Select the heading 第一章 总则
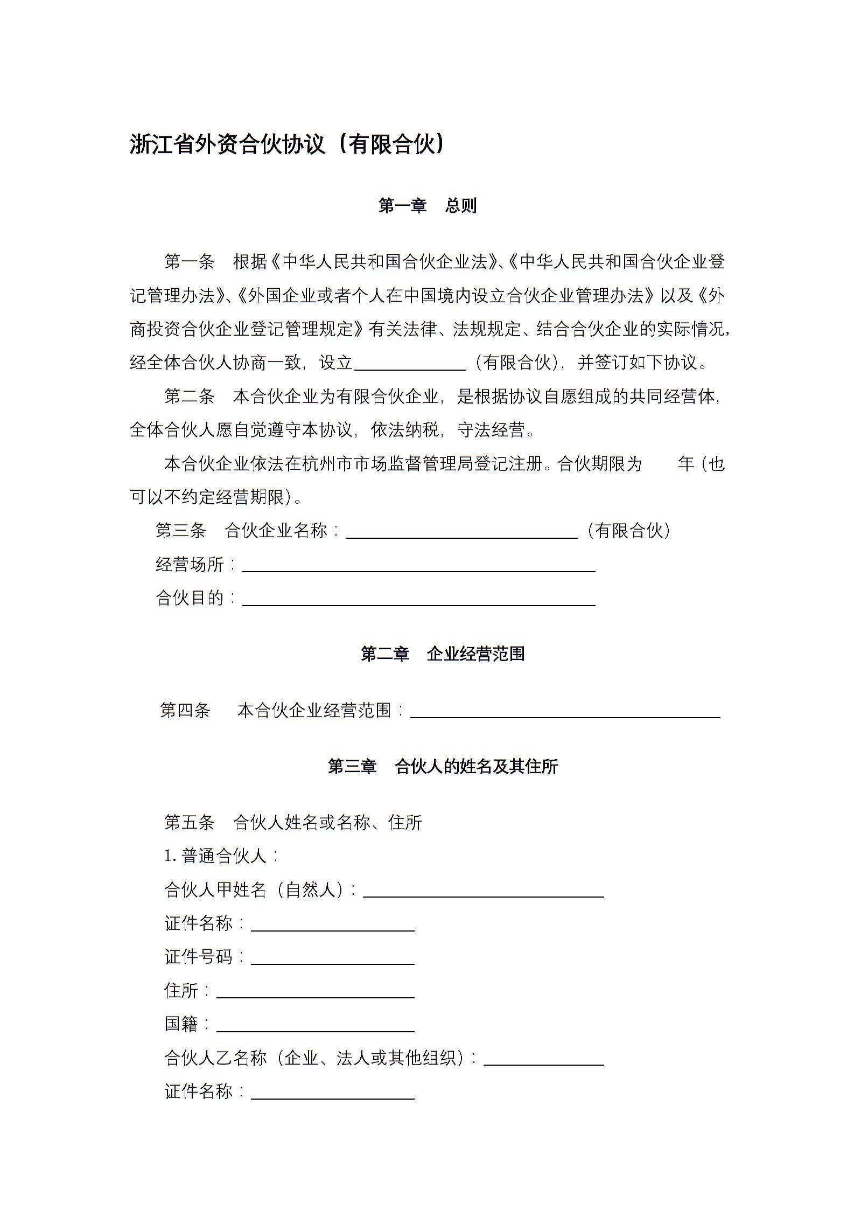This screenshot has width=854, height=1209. (427, 206)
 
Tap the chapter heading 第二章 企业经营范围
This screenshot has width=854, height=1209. (442, 654)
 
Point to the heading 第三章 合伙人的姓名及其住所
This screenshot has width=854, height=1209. (443, 766)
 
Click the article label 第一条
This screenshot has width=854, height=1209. (189, 262)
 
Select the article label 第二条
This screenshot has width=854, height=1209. (189, 397)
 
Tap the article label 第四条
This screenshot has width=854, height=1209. (185, 711)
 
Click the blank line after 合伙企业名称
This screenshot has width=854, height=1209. (461, 532)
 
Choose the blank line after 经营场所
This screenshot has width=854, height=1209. (418, 565)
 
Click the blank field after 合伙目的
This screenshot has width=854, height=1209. (418, 599)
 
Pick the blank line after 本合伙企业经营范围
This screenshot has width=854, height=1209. (565, 712)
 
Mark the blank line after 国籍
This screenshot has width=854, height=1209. (315, 1026)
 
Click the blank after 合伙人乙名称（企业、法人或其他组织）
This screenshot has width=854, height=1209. (543, 1059)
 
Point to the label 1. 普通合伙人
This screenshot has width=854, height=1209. (221, 856)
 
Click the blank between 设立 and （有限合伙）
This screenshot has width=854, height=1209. (410, 364)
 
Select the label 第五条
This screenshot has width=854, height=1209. (189, 823)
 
